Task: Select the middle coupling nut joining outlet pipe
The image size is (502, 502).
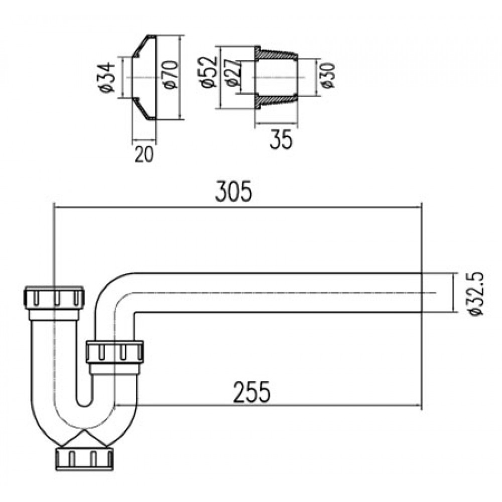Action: tap(115, 352)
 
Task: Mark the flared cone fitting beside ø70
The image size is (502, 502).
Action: tap(145, 78)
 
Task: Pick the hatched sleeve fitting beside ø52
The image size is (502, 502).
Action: tap(276, 78)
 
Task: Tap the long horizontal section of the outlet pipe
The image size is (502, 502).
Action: tap(276, 293)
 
